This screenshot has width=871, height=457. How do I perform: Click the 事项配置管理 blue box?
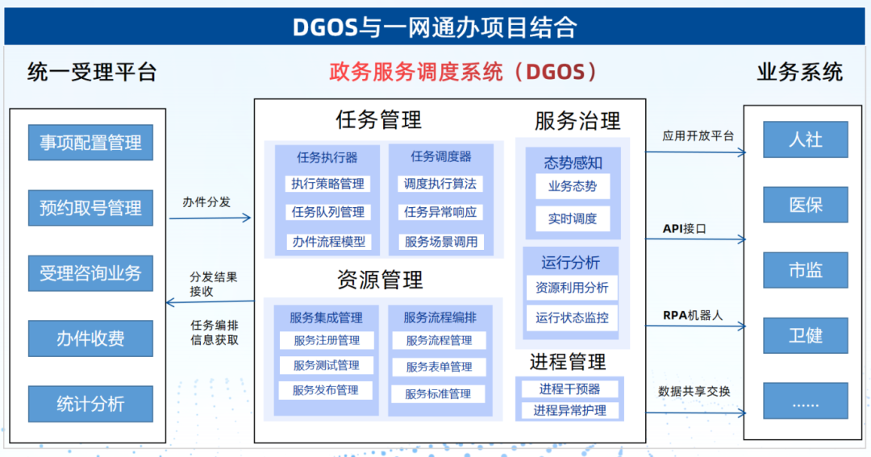click(90, 143)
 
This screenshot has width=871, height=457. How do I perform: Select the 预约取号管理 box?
click(90, 208)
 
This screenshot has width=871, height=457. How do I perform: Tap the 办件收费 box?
click(90, 339)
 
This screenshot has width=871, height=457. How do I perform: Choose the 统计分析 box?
click(90, 404)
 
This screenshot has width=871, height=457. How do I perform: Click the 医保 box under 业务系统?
click(806, 205)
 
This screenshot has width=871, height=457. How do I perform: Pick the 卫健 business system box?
click(806, 335)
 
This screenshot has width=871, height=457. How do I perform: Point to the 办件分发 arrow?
click(210, 218)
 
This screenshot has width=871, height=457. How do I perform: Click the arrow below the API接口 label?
click(695, 239)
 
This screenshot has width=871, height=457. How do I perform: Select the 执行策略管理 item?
click(327, 184)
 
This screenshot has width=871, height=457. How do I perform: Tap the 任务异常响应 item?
click(440, 212)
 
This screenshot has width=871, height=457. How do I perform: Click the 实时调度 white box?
click(573, 218)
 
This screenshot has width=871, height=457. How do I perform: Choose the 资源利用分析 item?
click(572, 288)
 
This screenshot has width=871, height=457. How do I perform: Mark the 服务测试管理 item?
click(327, 365)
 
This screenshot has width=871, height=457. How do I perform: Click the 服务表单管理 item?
click(439, 367)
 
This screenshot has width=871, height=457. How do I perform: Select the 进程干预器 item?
click(570, 389)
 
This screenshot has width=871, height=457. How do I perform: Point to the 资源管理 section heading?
click(380, 280)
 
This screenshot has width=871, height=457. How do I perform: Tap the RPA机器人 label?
click(693, 315)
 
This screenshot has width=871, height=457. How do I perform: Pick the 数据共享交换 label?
click(694, 392)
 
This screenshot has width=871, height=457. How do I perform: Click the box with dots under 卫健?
click(806, 401)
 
